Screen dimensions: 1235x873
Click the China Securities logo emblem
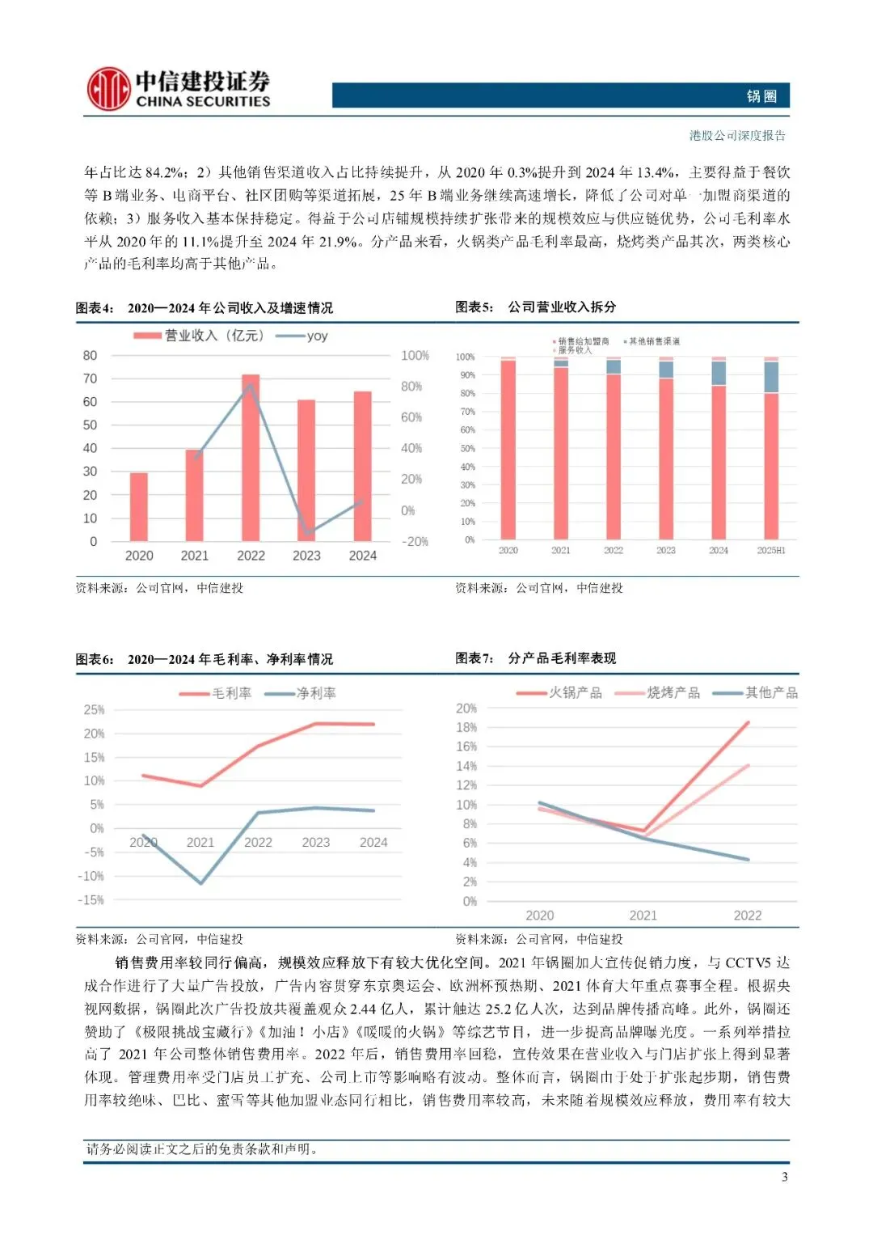coord(109,89)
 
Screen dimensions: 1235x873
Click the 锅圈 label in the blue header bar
coord(761,96)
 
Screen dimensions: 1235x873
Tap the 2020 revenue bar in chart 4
coord(139,506)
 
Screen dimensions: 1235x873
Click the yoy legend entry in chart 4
coord(302,336)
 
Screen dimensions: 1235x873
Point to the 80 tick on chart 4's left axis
coord(90,356)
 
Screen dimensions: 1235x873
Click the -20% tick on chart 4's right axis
coord(415,542)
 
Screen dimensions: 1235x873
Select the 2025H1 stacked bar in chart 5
coord(771,449)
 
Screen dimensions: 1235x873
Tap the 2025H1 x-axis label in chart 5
coord(771,551)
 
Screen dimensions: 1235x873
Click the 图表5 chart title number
coord(474,307)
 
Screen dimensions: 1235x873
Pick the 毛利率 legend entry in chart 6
coord(217,694)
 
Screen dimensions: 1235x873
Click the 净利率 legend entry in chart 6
coord(301,694)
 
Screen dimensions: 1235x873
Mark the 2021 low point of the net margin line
coord(200,882)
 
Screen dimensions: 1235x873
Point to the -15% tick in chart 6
coord(91,900)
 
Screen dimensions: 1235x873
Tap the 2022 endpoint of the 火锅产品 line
coord(748,722)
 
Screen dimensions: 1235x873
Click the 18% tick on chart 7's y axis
coord(466,727)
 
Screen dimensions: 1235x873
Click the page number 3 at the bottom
coord(784,1177)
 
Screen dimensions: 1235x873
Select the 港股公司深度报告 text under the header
coord(737,136)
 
